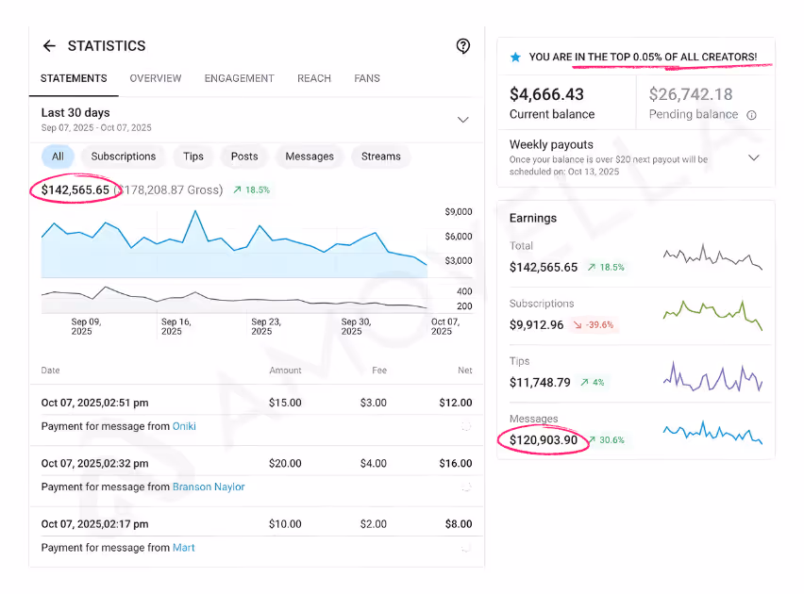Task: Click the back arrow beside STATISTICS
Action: coord(49,46)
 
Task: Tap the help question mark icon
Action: coord(462,46)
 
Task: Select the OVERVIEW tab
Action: coord(156,78)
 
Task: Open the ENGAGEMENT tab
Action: coord(239,78)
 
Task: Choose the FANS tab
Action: coord(367,78)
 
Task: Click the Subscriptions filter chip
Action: coord(123,157)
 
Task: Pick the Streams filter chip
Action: coord(380,157)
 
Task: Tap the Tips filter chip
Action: coord(193,157)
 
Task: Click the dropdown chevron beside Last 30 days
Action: coord(462,120)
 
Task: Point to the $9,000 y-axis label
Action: coord(458,212)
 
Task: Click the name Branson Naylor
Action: coord(209,487)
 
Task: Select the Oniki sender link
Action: coord(184,426)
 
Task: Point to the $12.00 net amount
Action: coord(455,403)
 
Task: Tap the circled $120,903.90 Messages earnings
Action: coord(544,440)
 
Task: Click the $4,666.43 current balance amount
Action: coord(546,94)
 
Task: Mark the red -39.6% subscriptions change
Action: coord(594,325)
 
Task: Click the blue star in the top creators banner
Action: coord(515,58)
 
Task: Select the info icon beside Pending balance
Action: coord(751,115)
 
